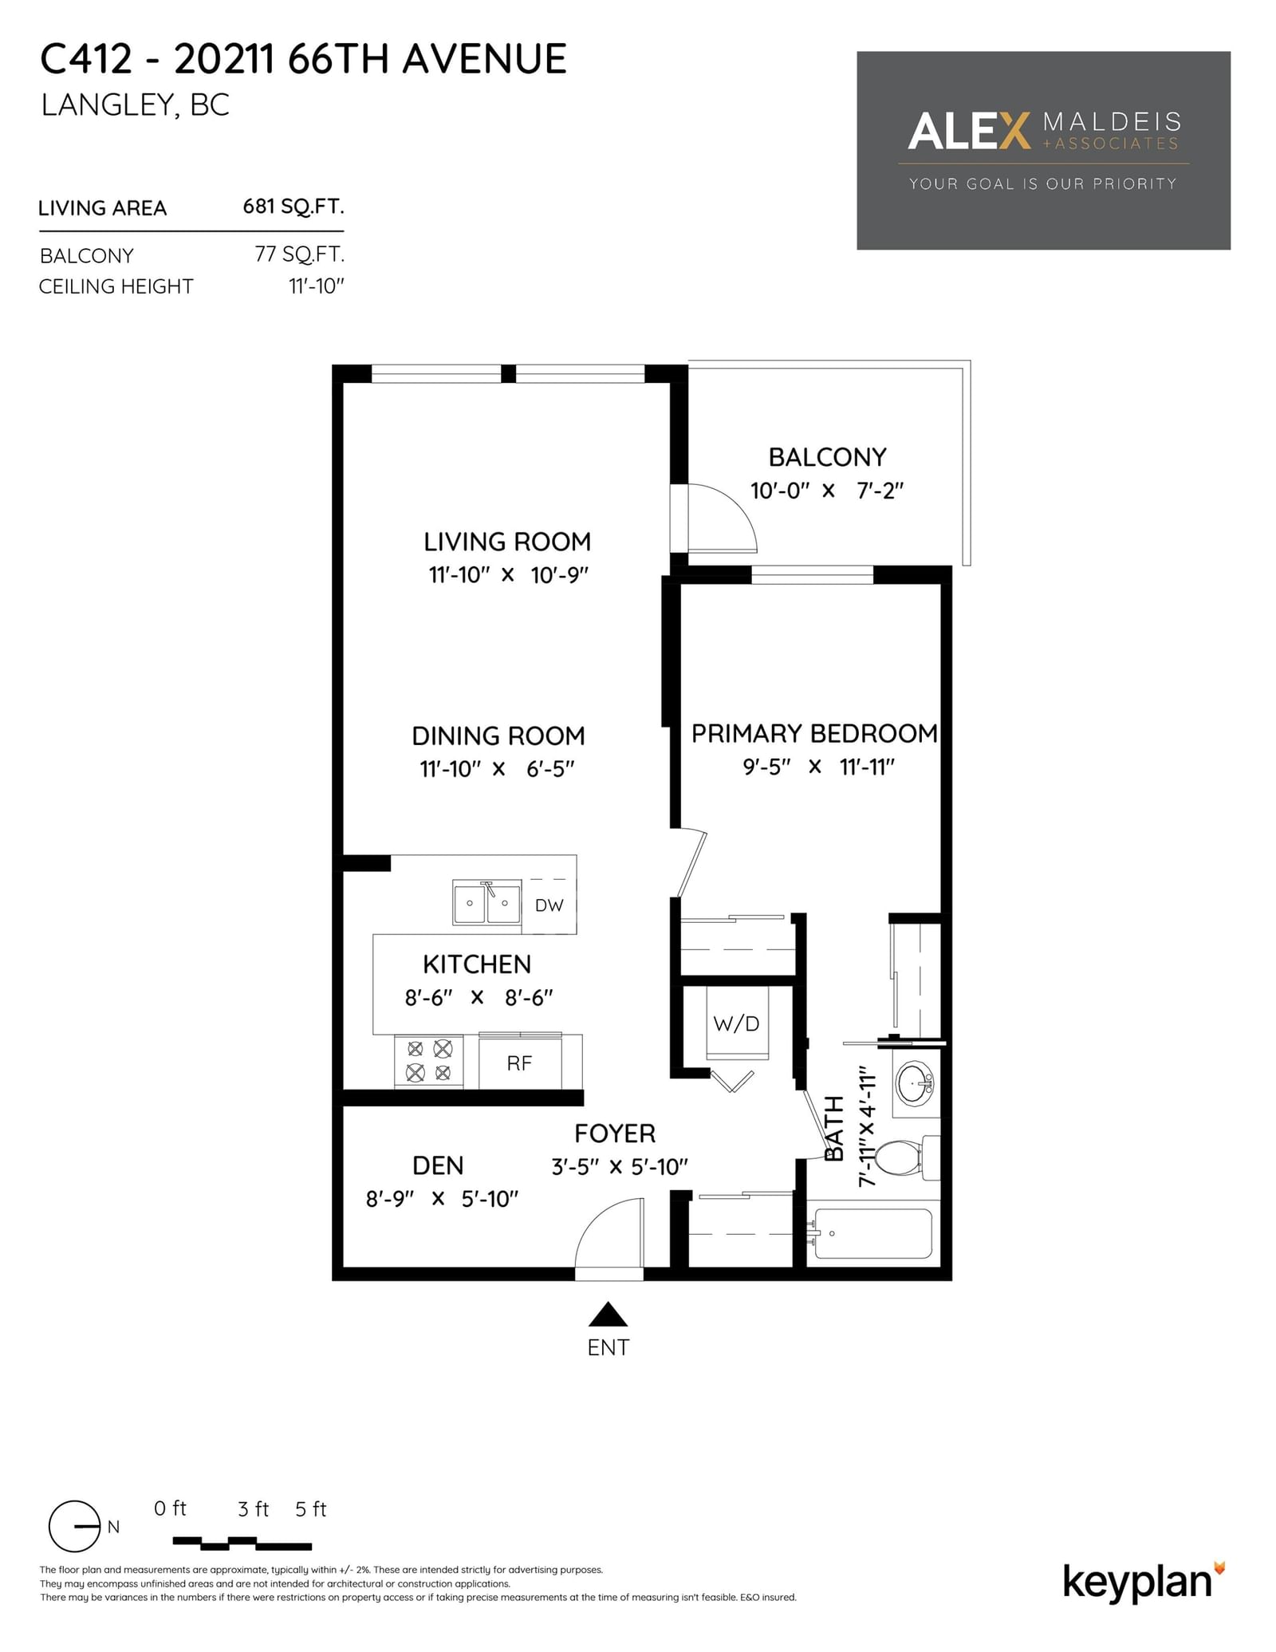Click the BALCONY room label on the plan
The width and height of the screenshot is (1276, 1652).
[827, 457]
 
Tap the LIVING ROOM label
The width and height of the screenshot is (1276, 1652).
[507, 542]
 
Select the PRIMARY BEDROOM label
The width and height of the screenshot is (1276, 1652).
[814, 733]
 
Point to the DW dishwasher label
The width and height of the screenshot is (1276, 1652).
[549, 905]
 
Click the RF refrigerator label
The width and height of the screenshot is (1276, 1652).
[519, 1063]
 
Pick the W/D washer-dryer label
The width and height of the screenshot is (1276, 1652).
[736, 1023]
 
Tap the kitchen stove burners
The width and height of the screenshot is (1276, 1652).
[429, 1061]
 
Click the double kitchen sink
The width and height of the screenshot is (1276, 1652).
[486, 902]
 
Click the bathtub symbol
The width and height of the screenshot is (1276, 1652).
[872, 1233]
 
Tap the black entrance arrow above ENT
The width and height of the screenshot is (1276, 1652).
[608, 1314]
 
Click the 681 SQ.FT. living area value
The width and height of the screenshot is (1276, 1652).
[293, 207]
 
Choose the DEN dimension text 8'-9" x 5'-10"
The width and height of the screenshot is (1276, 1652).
[442, 1198]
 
